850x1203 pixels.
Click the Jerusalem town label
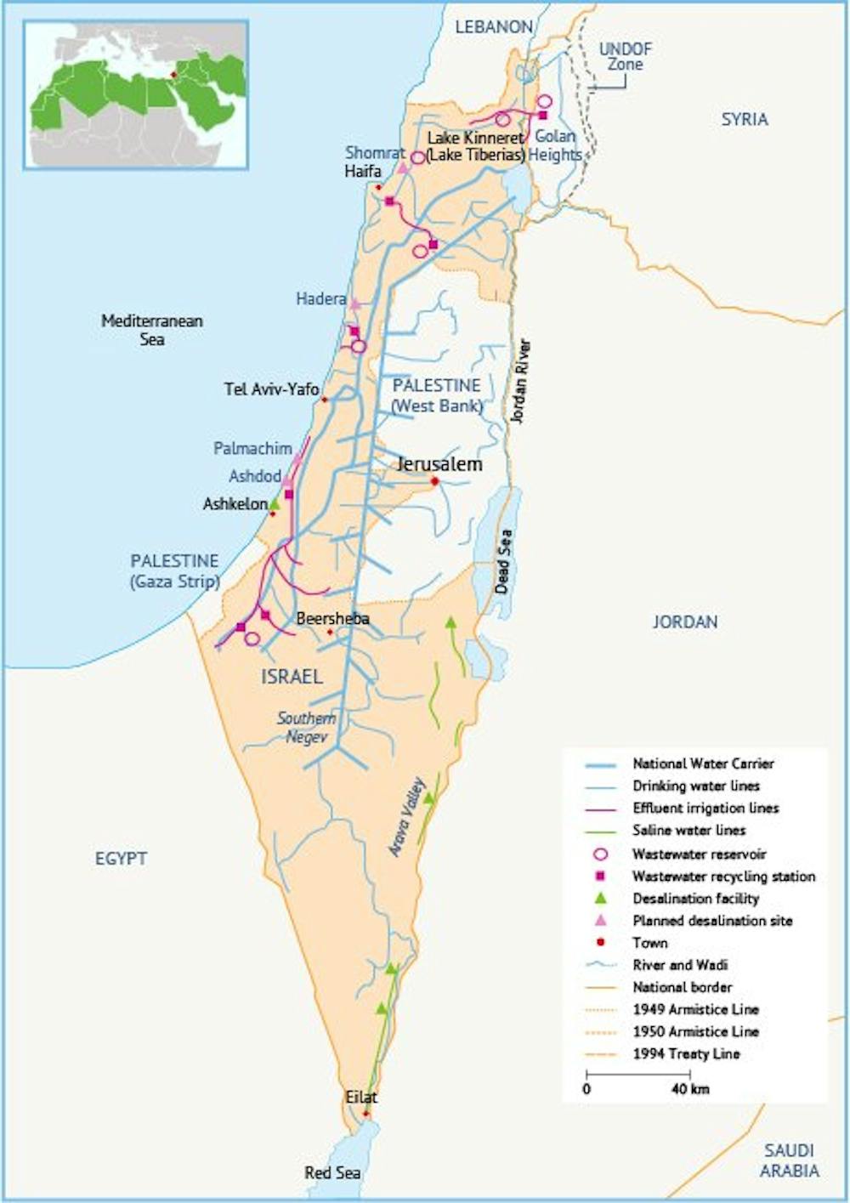[x=439, y=464]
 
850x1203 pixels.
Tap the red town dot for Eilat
[x=366, y=1114]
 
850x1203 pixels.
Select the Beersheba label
[x=332, y=618]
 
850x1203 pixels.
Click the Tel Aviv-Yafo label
[x=271, y=389]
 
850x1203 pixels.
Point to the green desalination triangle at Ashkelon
[x=275, y=503]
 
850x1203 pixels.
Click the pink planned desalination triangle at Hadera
[x=354, y=304]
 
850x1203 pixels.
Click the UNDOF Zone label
[x=625, y=56]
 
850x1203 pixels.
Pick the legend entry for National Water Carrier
[x=703, y=763]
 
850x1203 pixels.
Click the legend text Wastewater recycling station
[x=723, y=876]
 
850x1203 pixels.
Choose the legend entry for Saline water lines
[x=688, y=830]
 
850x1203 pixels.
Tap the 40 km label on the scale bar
[x=689, y=1088]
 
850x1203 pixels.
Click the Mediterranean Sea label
[x=152, y=330]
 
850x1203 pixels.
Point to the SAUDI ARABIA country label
[x=789, y=1160]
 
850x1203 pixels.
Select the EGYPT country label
[x=121, y=859]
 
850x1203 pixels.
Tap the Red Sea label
[x=332, y=1173]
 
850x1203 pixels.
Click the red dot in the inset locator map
[x=173, y=75]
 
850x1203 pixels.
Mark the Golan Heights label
[x=555, y=145]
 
